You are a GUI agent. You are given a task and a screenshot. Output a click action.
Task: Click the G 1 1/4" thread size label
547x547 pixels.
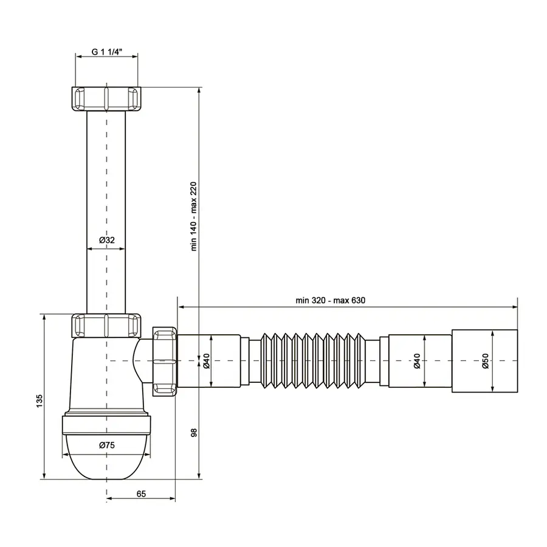107,52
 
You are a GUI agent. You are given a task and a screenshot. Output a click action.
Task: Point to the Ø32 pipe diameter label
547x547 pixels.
106,241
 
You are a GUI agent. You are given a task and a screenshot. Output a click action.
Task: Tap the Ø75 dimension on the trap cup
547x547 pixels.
107,445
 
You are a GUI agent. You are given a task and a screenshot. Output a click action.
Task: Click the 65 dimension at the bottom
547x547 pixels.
141,494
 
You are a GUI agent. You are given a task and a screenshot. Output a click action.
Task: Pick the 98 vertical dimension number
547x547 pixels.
194,433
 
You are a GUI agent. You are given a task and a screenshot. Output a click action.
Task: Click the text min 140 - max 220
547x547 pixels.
194,218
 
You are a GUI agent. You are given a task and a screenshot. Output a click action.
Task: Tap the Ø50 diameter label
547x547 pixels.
486,361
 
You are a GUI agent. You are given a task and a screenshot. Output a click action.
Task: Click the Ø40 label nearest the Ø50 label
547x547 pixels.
417,361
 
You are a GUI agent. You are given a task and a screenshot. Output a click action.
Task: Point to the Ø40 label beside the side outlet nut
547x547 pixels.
206,361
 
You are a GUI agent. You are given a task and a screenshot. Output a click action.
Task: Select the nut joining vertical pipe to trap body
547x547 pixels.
107,326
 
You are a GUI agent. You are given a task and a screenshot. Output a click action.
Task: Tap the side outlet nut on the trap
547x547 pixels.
165,361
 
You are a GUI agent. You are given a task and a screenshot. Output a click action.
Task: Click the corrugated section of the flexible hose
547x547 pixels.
316,360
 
